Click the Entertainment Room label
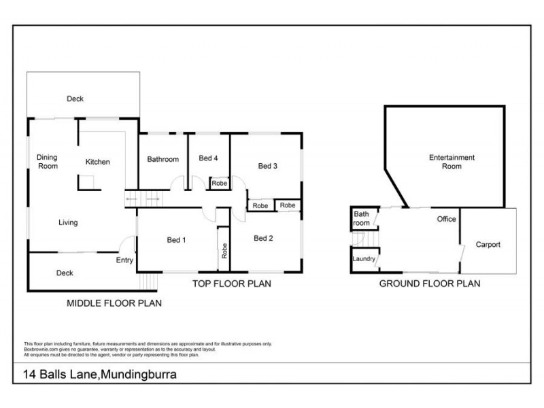(x=452, y=162)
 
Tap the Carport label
(x=488, y=245)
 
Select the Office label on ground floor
(x=446, y=220)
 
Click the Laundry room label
(x=364, y=259)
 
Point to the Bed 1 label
(x=177, y=240)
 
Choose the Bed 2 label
(x=263, y=238)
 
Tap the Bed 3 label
(x=268, y=166)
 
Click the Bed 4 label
(x=208, y=159)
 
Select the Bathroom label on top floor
(x=163, y=160)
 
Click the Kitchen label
(x=97, y=162)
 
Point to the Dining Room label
(x=47, y=161)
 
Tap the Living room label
(x=68, y=222)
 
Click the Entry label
(x=124, y=260)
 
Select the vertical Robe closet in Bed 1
(x=224, y=250)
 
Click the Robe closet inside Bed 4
(x=219, y=184)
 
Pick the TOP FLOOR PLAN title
(x=231, y=284)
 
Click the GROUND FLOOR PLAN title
(x=429, y=284)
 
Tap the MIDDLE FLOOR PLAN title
(x=114, y=303)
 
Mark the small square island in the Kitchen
(x=86, y=182)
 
